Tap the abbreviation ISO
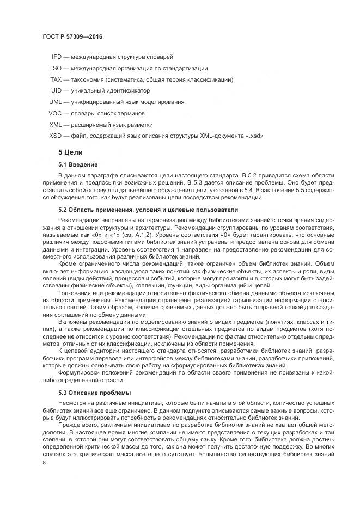(57, 68)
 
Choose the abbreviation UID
(57, 90)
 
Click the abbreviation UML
(56, 102)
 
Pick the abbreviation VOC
(56, 113)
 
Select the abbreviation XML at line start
(56, 124)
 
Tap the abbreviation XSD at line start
(56, 136)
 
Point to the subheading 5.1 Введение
(78, 164)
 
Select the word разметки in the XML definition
(141, 124)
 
